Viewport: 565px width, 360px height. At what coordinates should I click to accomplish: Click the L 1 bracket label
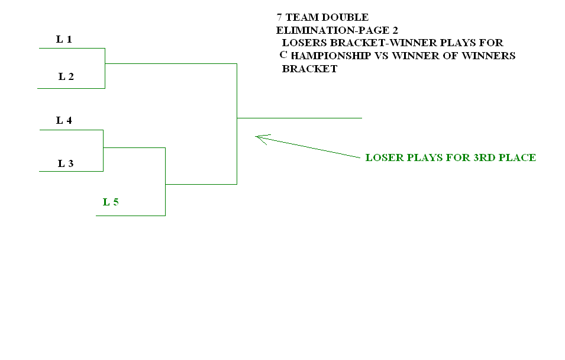64,40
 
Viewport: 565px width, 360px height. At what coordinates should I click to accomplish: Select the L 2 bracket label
66,76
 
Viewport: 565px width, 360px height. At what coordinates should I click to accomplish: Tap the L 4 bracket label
64,121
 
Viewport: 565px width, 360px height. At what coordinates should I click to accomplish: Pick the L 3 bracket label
66,164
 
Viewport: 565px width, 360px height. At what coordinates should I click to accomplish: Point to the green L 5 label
111,202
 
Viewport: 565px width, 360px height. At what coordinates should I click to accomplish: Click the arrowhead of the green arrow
258,137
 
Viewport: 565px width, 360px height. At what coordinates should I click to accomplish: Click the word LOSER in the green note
383,157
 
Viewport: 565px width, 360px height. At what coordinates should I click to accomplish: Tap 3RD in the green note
476,157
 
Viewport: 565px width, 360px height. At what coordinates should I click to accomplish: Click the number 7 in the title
279,17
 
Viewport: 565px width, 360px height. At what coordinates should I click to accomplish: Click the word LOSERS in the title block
305,43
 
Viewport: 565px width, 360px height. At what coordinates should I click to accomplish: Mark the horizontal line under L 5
130,216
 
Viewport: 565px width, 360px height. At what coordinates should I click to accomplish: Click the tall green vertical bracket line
237,124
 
